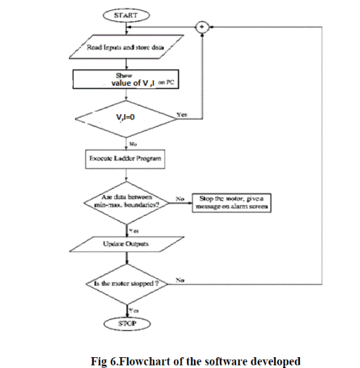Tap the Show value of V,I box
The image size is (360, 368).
pyautogui.click(x=125, y=80)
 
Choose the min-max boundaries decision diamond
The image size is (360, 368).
pyautogui.click(x=125, y=203)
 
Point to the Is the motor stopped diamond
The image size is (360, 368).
pyautogui.click(x=125, y=280)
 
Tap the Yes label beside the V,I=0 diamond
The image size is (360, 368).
pyautogui.click(x=181, y=113)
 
